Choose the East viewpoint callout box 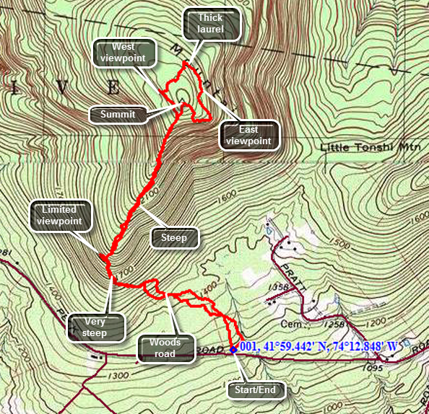pyautogui.click(x=248, y=136)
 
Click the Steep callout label pyautogui.click(x=174, y=237)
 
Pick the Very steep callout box pyautogui.click(x=94, y=327)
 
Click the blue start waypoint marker pyautogui.click(x=233, y=349)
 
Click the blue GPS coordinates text pyautogui.click(x=319, y=346)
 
